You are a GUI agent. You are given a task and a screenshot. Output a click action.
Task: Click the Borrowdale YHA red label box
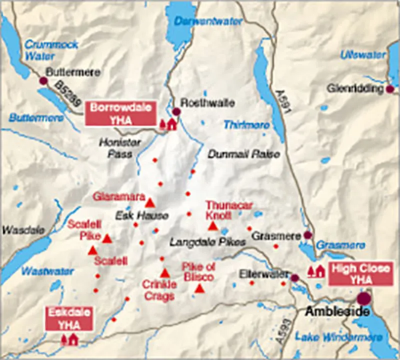click(x=120, y=113)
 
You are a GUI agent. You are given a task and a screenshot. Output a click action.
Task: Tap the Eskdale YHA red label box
click(x=69, y=318)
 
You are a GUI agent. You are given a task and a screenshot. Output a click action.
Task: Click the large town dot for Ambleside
click(x=364, y=298)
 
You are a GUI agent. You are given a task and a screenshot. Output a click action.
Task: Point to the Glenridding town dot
click(x=390, y=89)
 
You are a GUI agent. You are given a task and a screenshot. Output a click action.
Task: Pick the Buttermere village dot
click(x=43, y=80)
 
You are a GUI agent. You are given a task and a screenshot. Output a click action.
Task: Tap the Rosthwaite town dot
click(x=176, y=111)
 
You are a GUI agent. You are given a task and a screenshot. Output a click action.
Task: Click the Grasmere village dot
click(x=307, y=235)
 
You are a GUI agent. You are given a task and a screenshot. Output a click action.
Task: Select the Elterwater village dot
click(x=295, y=277)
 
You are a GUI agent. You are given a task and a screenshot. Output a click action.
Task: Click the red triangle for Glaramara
click(x=149, y=202)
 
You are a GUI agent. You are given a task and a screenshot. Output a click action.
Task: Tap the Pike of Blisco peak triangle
click(x=199, y=288)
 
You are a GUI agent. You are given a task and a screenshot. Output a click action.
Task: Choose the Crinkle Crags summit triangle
click(x=165, y=273)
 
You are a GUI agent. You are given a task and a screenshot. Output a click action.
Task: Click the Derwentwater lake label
click(x=208, y=21)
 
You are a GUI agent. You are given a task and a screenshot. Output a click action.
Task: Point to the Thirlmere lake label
click(x=246, y=124)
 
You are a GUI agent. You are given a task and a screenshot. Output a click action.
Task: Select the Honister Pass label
click(x=120, y=148)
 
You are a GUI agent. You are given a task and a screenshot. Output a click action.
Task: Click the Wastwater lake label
click(x=48, y=271)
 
